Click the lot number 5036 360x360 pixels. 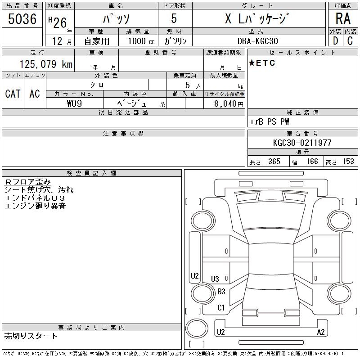click(x=22, y=19)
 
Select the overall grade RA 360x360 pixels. click(x=343, y=18)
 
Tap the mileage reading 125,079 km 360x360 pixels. click(x=46, y=64)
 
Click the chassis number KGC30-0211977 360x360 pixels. click(x=302, y=143)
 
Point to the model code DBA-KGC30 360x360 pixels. click(x=257, y=41)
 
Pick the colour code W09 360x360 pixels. click(x=74, y=103)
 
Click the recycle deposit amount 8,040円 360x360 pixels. click(x=229, y=104)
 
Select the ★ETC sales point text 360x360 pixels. click(x=262, y=63)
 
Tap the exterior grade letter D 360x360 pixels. click(x=335, y=41)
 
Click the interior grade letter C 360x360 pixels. click(x=350, y=41)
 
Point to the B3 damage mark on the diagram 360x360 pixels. click(x=221, y=292)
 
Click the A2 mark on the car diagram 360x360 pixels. click(x=321, y=332)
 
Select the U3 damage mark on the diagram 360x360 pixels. click(x=215, y=279)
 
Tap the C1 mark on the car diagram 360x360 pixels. click(x=221, y=308)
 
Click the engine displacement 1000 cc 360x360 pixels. click(x=141, y=41)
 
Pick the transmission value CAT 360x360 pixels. click(x=13, y=94)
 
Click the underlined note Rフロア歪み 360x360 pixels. click(x=27, y=182)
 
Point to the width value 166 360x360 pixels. click(x=312, y=162)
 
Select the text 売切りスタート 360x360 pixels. click(x=31, y=336)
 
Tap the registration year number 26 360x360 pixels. click(x=60, y=23)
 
